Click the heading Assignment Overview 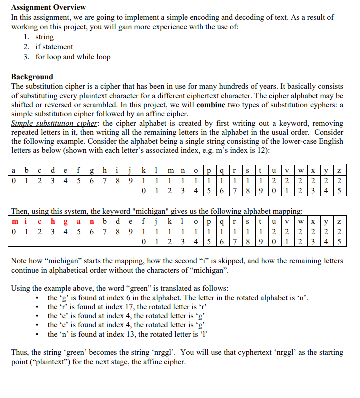pyautogui.click(x=48, y=7)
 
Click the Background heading pyautogui.click(x=32, y=77)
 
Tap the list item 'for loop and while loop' pyautogui.click(x=73, y=57)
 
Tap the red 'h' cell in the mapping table pyautogui.click(x=54, y=221)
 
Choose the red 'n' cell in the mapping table pyautogui.click(x=91, y=221)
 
